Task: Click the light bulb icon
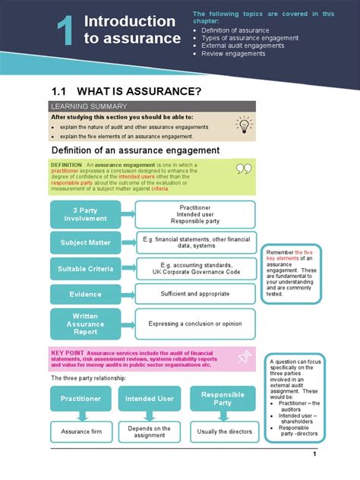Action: point(243,125)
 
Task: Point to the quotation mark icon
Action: point(243,169)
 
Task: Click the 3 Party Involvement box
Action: point(85,213)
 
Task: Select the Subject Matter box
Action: point(85,243)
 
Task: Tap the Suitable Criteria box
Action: point(85,269)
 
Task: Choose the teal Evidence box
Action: point(85,294)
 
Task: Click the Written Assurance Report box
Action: point(85,323)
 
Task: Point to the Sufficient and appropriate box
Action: point(194,294)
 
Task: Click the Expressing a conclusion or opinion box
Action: point(194,323)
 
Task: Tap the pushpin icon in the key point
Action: point(244,357)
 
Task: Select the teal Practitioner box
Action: point(81,398)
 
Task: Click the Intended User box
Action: point(150,398)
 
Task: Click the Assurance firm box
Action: point(81,432)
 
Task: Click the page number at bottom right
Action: point(314,454)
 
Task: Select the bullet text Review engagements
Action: point(233,54)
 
